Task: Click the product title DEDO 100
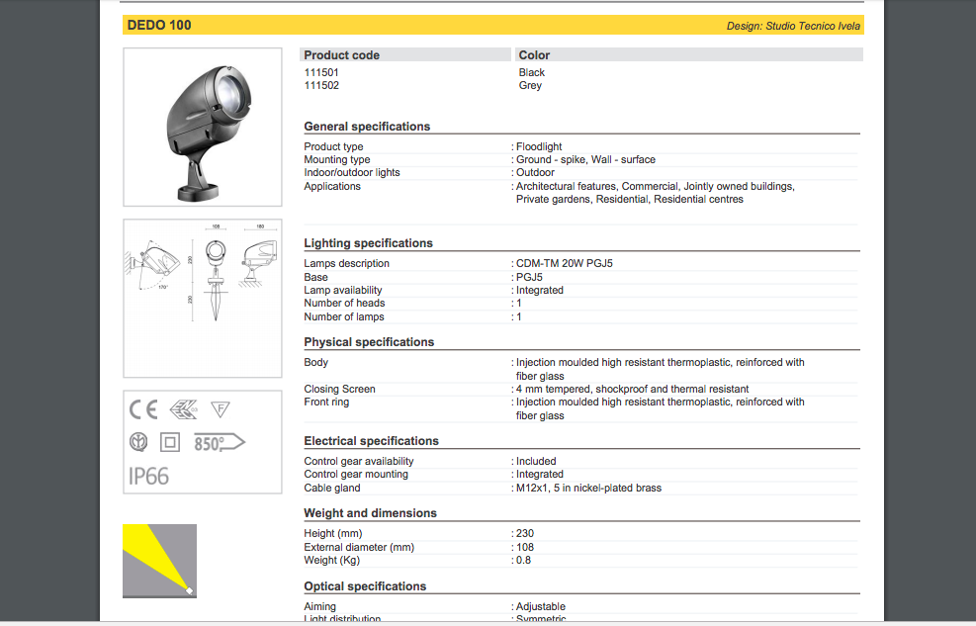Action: pyautogui.click(x=159, y=25)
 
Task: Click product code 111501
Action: pyautogui.click(x=321, y=72)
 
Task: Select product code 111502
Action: pyautogui.click(x=321, y=85)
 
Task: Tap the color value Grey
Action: pyautogui.click(x=530, y=85)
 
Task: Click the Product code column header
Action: pyautogui.click(x=341, y=55)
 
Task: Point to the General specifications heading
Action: pyautogui.click(x=367, y=127)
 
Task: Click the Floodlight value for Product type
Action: pyautogui.click(x=539, y=146)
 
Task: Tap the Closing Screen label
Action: pyautogui.click(x=339, y=389)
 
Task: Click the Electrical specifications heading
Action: pyautogui.click(x=371, y=441)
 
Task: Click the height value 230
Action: pyautogui.click(x=525, y=533)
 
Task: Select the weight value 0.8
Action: pyautogui.click(x=524, y=560)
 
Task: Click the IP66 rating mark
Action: pyautogui.click(x=149, y=477)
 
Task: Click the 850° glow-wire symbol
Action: pyautogui.click(x=218, y=443)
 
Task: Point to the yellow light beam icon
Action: pyautogui.click(x=158, y=561)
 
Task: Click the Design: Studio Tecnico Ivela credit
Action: pyautogui.click(x=793, y=26)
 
